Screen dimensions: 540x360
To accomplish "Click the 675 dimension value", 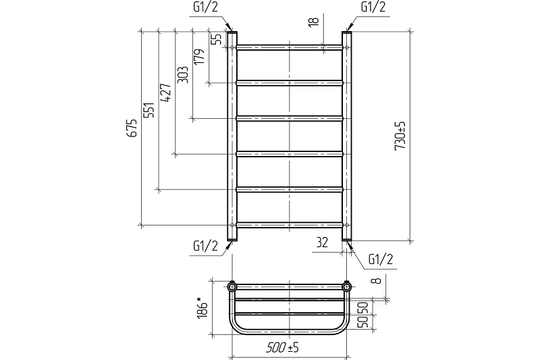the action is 132,128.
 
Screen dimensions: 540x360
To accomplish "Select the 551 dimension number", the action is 149,110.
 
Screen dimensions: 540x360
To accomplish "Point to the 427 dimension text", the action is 166,93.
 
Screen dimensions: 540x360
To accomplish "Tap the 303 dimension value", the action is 182,74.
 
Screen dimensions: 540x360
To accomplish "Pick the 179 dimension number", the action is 199,56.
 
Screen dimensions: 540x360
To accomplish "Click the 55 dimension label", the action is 216,39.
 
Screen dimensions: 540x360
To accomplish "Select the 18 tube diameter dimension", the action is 314,21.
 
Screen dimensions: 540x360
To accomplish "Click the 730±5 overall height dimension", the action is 400,135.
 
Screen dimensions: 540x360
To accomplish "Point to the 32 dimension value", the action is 322,242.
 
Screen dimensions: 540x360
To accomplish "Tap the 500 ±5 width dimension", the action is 282,348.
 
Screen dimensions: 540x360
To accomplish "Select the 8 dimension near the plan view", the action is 377,280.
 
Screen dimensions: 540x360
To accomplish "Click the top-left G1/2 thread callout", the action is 206,7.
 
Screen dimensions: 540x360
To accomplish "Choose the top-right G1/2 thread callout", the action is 373,7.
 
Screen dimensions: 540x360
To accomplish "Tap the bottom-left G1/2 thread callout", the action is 206,247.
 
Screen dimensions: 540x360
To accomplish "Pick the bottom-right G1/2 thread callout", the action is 381,259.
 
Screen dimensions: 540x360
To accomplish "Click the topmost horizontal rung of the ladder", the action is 290,47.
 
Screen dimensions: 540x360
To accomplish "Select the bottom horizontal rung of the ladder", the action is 290,225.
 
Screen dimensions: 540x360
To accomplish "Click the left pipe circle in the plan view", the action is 232,286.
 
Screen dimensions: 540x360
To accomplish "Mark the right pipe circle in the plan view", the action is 346,286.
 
